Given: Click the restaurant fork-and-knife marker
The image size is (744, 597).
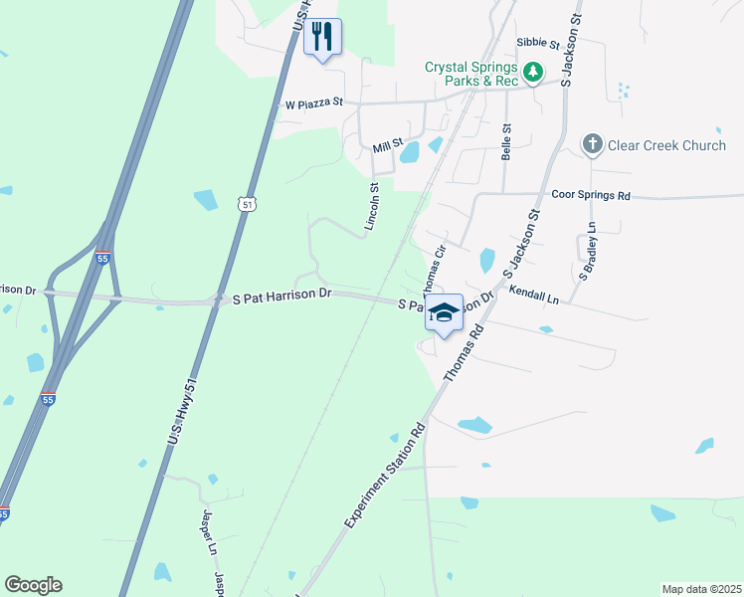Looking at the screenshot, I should point(322,37).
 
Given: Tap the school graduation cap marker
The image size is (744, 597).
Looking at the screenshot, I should point(444,313).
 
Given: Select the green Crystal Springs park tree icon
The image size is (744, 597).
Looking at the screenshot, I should point(534,73).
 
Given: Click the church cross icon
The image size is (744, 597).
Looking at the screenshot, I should point(592,145).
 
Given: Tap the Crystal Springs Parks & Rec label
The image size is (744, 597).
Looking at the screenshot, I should point(471,74).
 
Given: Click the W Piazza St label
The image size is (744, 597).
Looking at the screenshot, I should point(313,102).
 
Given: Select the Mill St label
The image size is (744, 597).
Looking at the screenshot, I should point(387,146).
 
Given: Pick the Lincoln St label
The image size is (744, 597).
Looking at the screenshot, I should point(373,206).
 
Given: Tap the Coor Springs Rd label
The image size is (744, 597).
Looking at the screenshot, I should point(591,196).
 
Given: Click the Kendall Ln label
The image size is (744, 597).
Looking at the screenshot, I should point(534,296).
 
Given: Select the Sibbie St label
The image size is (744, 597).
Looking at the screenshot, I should point(539,43).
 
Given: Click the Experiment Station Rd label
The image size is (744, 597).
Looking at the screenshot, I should point(385,476).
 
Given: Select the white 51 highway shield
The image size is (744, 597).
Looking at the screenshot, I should point(246,204).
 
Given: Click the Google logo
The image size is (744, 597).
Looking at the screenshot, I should point(33,585).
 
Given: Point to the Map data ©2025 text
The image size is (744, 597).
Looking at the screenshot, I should point(701,589).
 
